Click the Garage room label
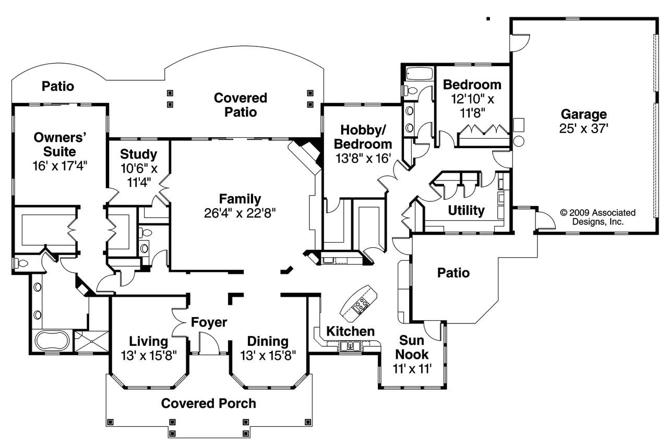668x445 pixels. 583,114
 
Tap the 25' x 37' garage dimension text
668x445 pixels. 583,128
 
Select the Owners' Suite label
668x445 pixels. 59,145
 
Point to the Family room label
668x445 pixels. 240,199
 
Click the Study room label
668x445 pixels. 138,154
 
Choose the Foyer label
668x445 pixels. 208,322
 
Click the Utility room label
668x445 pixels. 466,210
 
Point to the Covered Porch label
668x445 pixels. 208,403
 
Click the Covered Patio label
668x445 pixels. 240,104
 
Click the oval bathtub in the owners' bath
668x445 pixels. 52,341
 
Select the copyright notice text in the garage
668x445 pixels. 598,217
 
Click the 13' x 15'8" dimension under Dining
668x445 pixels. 268,355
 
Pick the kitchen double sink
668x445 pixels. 348,345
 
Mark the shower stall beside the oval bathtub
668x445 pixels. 91,342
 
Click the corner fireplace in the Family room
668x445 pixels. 308,154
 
